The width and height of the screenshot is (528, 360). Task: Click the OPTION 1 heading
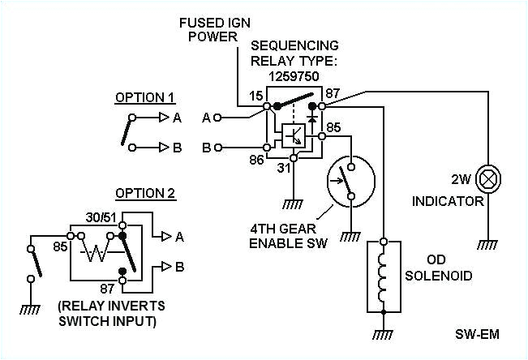click(144, 98)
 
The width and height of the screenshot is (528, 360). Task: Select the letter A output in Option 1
click(177, 118)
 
